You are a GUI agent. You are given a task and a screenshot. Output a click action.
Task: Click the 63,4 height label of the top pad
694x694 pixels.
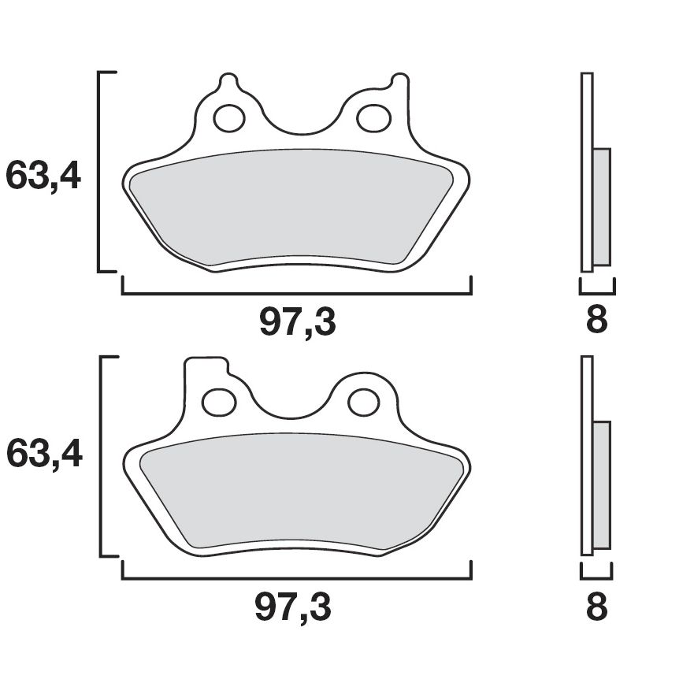pyautogui.click(x=44, y=176)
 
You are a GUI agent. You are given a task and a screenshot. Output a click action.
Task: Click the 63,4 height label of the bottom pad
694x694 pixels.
pyautogui.click(x=44, y=455)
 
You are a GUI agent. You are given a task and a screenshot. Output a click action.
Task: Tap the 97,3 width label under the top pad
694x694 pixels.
pyautogui.click(x=298, y=322)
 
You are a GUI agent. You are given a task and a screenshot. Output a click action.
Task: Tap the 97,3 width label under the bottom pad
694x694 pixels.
pyautogui.click(x=298, y=607)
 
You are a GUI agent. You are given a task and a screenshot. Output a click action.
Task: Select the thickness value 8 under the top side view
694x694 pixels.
pyautogui.click(x=597, y=320)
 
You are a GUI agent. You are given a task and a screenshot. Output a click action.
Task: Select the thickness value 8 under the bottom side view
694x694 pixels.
pyautogui.click(x=597, y=607)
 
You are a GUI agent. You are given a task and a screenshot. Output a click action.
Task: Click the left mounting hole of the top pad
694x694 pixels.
pyautogui.click(x=229, y=118)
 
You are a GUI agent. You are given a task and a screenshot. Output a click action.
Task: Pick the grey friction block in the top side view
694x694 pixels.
pyautogui.click(x=601, y=206)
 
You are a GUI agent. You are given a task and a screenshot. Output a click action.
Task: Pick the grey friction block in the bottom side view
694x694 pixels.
pyautogui.click(x=601, y=485)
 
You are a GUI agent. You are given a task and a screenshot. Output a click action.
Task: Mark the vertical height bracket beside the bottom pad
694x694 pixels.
pyautogui.click(x=102, y=455)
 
